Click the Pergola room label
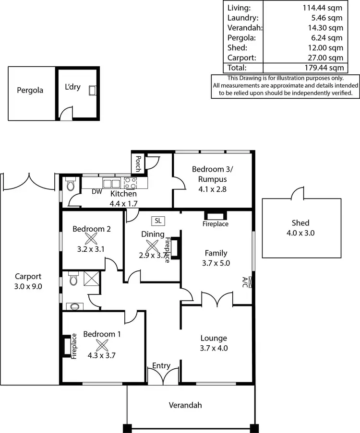click(30, 90)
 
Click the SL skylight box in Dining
click(157, 221)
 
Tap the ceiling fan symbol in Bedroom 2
click(91, 238)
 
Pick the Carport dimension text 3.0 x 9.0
click(28, 286)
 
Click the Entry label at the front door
click(161, 366)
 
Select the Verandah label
click(185, 405)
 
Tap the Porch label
click(138, 164)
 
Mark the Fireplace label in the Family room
click(215, 224)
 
